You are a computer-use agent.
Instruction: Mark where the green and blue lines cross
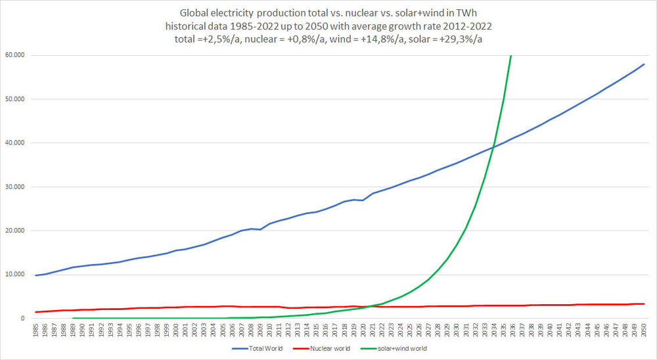494,146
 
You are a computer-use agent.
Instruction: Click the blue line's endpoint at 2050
644,64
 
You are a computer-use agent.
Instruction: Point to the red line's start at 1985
36,312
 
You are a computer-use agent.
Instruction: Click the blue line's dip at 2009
260,230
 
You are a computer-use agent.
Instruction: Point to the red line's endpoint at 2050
644,304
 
